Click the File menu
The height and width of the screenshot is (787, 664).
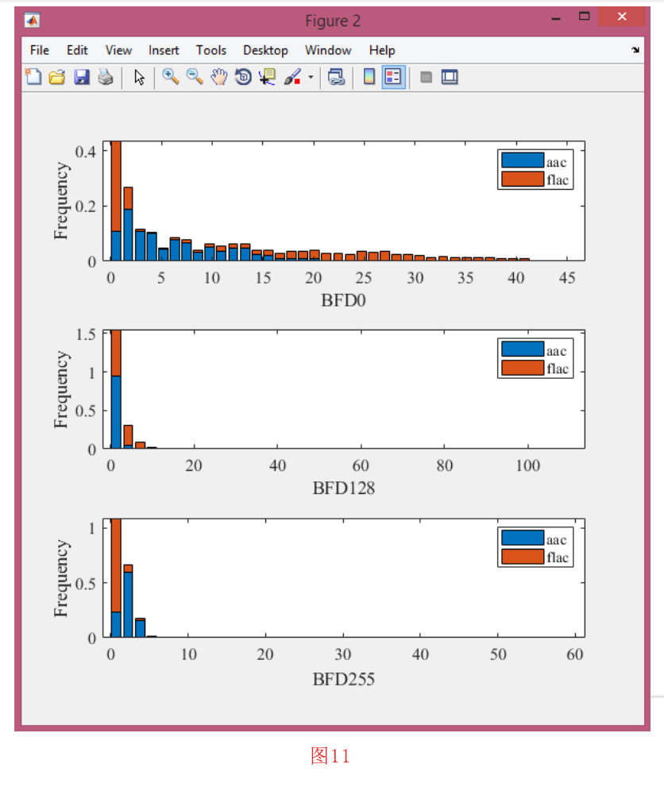point(40,50)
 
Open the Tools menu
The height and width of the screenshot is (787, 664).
point(211,50)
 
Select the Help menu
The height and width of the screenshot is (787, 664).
point(381,50)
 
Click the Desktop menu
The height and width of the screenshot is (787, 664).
point(265,50)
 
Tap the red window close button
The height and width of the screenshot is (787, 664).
point(621,17)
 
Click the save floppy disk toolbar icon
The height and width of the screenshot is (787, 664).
point(81,77)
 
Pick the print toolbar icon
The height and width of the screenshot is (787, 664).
point(105,77)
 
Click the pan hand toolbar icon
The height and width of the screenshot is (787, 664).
point(219,77)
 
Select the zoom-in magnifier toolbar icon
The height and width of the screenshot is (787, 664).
point(170,77)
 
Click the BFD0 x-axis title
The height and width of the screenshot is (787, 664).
point(343,300)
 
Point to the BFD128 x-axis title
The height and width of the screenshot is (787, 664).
point(343,488)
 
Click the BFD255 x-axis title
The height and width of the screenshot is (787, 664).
point(343,679)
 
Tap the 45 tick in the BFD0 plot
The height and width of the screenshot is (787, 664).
point(567,278)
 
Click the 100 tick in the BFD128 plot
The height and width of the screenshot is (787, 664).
point(527,465)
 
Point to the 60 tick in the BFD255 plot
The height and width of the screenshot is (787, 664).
point(575,654)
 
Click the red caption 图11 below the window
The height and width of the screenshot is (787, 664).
point(330,755)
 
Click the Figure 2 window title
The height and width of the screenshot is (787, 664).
point(332,21)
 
